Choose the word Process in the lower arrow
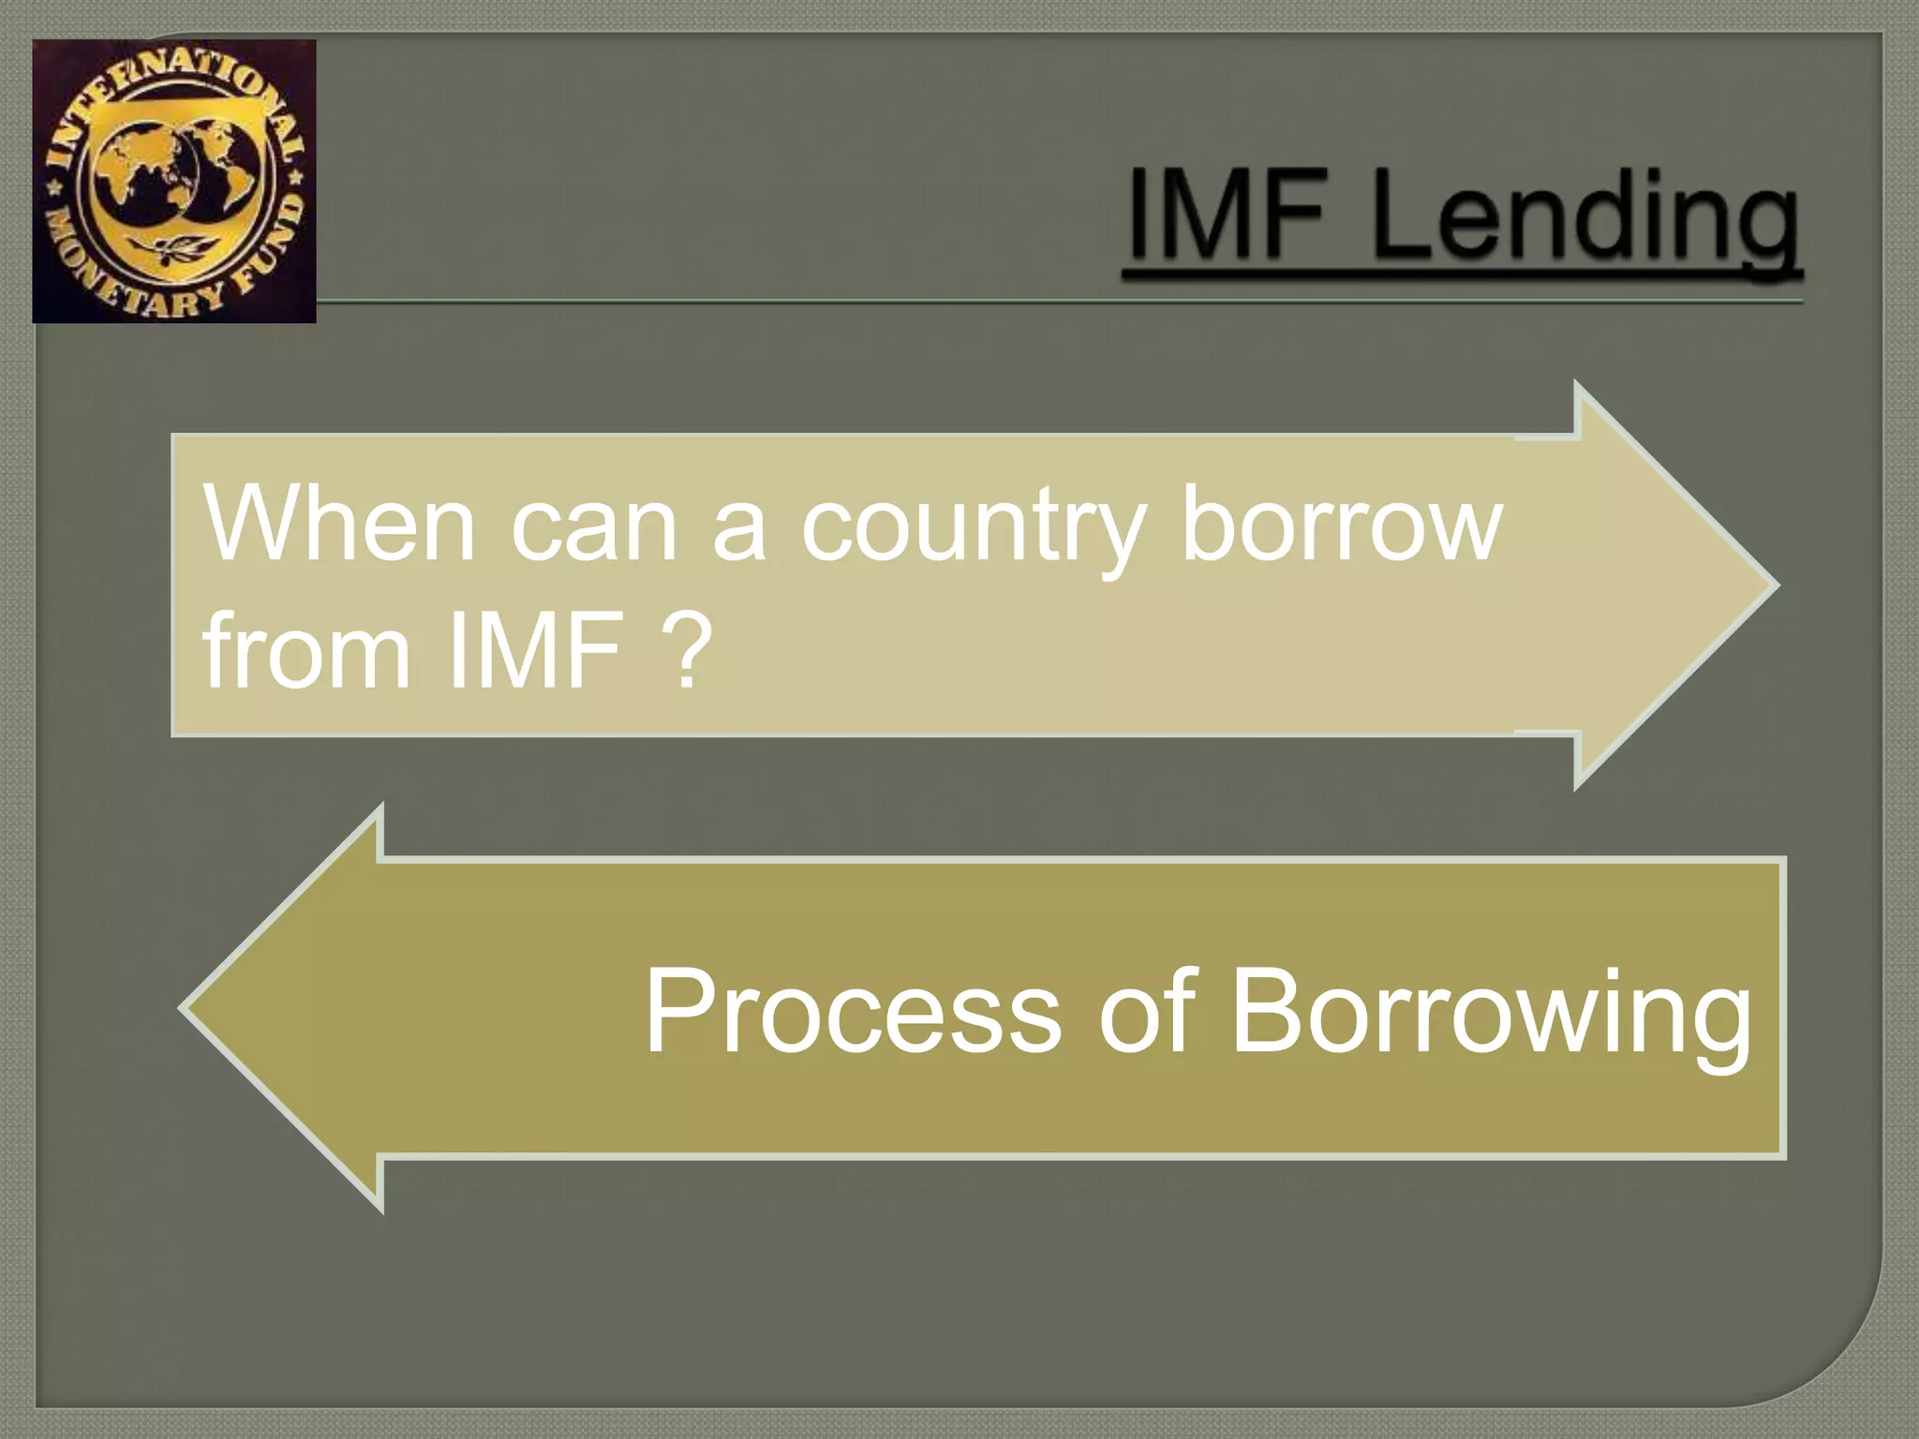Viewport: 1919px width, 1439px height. coord(852,1012)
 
